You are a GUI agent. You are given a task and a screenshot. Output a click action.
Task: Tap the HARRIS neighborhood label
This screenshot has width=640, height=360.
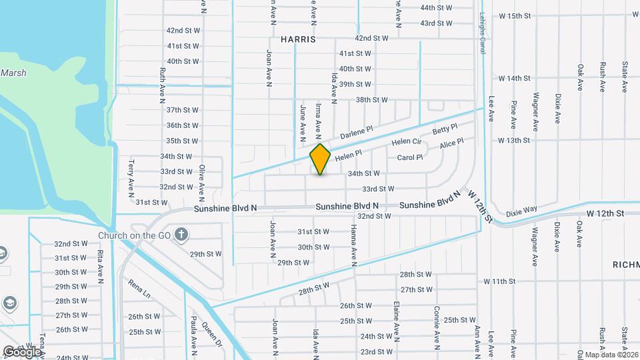[298, 39]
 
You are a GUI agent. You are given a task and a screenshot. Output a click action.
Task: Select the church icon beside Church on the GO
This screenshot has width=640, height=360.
[181, 235]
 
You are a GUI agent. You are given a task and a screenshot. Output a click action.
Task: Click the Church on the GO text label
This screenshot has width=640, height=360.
[135, 235]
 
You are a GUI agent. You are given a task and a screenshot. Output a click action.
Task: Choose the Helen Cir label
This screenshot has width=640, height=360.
[407, 142]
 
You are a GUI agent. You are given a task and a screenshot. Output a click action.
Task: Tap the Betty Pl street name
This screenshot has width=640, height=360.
[445, 128]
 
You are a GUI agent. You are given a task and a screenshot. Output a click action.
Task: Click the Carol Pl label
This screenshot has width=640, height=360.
[410, 158]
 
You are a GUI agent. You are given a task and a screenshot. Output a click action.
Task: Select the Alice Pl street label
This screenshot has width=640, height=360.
[451, 144]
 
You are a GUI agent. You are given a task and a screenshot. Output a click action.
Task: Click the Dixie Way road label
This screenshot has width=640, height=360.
[521, 209]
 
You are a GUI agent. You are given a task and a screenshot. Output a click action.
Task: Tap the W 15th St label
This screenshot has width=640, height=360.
[514, 15]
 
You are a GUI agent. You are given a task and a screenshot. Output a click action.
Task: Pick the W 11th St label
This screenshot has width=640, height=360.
[504, 282]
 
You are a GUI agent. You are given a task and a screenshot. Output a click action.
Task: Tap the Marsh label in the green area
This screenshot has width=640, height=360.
[13, 73]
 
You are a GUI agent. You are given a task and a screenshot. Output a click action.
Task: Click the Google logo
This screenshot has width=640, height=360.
[22, 351]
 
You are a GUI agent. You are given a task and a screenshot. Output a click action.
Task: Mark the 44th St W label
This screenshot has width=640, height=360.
[436, 8]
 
